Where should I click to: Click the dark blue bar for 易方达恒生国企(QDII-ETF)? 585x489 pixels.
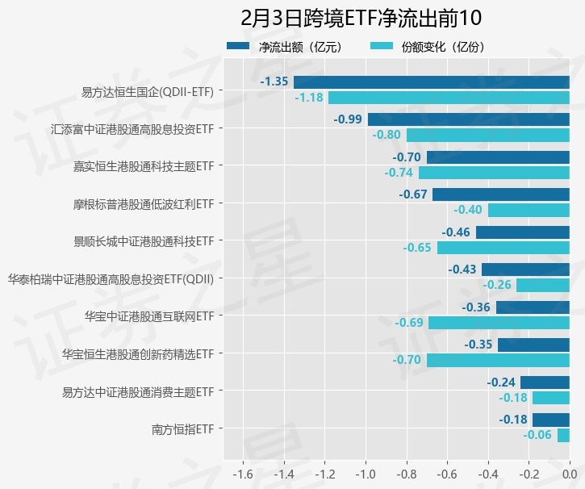pyautogui.click(x=432, y=81)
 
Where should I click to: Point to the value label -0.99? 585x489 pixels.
pyautogui.click(x=348, y=119)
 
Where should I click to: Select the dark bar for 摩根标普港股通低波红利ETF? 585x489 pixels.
pyautogui.click(x=501, y=194)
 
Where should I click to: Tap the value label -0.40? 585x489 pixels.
pyautogui.click(x=468, y=210)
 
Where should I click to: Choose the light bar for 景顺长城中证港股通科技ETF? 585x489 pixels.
pyautogui.click(x=504, y=248)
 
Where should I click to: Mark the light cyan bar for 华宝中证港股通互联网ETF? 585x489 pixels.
pyautogui.click(x=499, y=323)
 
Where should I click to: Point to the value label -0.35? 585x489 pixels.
pyautogui.click(x=478, y=345)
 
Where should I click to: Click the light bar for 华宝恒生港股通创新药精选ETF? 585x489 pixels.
pyautogui.click(x=498, y=360)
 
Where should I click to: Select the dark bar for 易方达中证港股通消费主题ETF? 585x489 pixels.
pyautogui.click(x=545, y=382)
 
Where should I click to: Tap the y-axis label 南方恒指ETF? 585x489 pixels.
pyautogui.click(x=182, y=428)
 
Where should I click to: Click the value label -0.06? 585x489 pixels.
pyautogui.click(x=537, y=435)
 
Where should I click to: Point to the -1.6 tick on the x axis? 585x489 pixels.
pyautogui.click(x=243, y=473)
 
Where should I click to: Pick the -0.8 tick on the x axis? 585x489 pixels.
pyautogui.click(x=406, y=473)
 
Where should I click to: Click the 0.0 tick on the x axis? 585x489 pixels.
pyautogui.click(x=569, y=473)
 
